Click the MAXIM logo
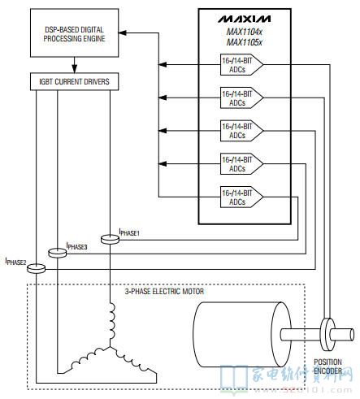[x=245, y=19]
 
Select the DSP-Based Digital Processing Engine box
[x=74, y=33]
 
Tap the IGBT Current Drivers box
[x=74, y=81]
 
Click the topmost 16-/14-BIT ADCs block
[x=241, y=65]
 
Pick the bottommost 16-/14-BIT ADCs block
[x=241, y=197]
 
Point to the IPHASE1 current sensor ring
[x=110, y=240]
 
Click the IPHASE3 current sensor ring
[x=58, y=253]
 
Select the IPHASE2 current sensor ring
[x=36, y=268]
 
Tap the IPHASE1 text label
[x=129, y=232]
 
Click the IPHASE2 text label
[x=15, y=262]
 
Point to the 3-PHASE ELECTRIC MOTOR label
[x=164, y=292]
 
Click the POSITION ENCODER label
[x=327, y=366]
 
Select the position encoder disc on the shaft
[x=327, y=335]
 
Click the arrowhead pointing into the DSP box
[x=123, y=33]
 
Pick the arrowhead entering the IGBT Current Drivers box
[x=75, y=69]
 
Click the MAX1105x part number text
[x=245, y=42]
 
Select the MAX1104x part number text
[x=245, y=32]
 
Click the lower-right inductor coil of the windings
[x=132, y=360]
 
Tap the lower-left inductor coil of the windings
[x=87, y=358]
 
